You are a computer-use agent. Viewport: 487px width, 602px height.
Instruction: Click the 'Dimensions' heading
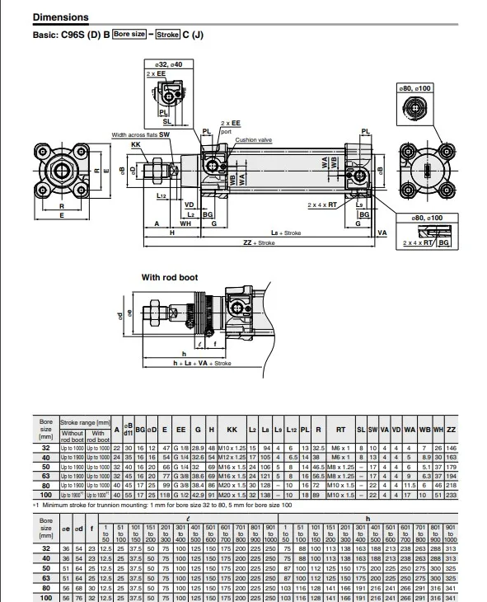tap(60, 17)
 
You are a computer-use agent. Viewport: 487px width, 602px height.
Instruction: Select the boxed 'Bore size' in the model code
tap(129, 35)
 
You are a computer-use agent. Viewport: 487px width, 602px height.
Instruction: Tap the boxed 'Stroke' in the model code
tap(167, 35)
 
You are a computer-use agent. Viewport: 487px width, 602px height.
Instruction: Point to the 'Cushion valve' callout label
tap(253, 140)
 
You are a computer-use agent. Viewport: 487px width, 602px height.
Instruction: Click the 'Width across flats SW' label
tap(141, 134)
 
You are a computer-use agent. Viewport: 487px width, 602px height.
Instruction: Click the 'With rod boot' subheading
tap(170, 278)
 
